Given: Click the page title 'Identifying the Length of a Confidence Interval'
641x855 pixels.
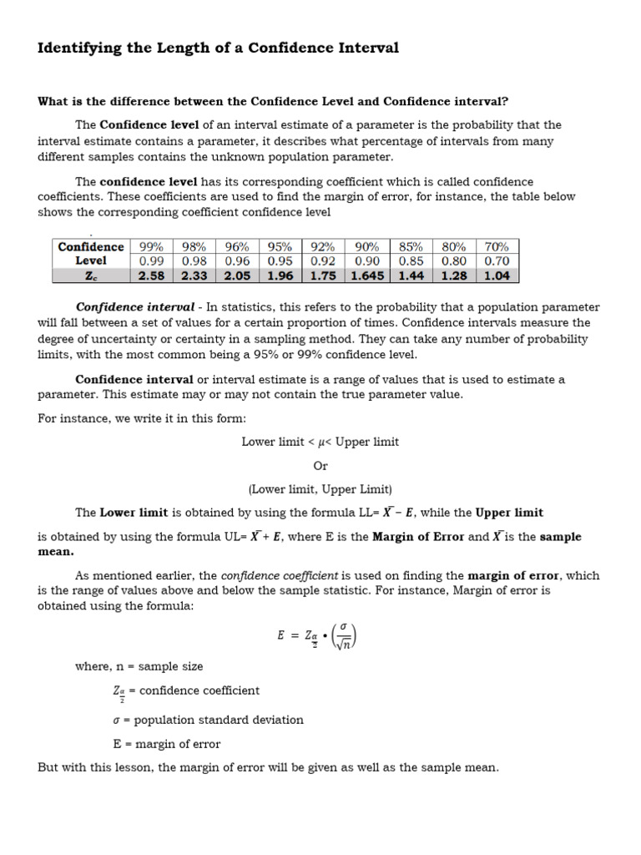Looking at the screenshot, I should pyautogui.click(x=218, y=48).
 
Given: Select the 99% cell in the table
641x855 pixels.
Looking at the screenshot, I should pyautogui.click(x=151, y=246).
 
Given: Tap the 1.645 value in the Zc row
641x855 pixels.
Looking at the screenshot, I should pyautogui.click(x=367, y=275).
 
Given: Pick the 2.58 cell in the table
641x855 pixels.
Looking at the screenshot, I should pyautogui.click(x=151, y=275).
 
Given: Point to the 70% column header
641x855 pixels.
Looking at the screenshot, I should pyautogui.click(x=497, y=246).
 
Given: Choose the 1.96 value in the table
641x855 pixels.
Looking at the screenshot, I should pyautogui.click(x=280, y=275).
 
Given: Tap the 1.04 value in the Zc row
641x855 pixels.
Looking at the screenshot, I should pyautogui.click(x=497, y=275).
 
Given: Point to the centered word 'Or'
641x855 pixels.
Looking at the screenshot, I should pyautogui.click(x=320, y=466).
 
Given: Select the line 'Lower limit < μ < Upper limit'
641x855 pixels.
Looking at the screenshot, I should pyautogui.click(x=320, y=442).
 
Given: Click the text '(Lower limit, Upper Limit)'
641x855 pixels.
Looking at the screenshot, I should pyautogui.click(x=320, y=489).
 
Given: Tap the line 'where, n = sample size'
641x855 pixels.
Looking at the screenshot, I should pyautogui.click(x=139, y=666).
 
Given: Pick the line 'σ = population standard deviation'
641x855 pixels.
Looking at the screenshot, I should pyautogui.click(x=208, y=720).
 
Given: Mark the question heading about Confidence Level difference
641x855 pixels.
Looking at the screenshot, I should pyautogui.click(x=273, y=102).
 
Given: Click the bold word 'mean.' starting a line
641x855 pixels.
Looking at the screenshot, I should pyautogui.click(x=56, y=552).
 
